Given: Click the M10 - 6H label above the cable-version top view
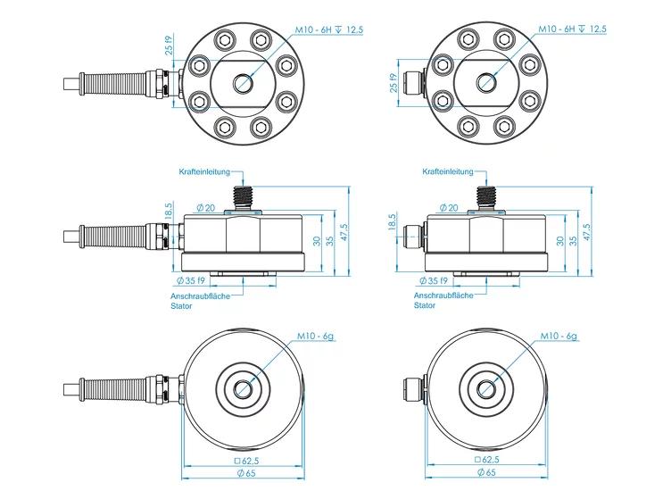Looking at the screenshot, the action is point(314,30).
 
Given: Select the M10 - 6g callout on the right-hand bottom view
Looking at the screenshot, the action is point(559,336).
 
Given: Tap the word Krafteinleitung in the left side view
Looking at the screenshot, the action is point(204,171).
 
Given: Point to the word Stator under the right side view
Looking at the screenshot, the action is point(425,305).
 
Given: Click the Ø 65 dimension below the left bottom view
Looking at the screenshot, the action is point(245,473).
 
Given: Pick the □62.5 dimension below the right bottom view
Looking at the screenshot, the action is point(486,460).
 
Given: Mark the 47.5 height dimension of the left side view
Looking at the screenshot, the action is point(344,232).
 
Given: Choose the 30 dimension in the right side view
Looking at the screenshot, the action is point(560,240).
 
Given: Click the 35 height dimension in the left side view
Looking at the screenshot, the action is point(330,240).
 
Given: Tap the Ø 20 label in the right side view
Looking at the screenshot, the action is point(449,208).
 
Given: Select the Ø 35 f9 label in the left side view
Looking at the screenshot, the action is point(191,281).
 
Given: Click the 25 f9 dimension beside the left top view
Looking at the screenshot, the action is point(170,46).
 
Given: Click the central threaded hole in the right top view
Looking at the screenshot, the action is point(485,82).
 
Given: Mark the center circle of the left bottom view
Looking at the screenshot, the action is point(243,388).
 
